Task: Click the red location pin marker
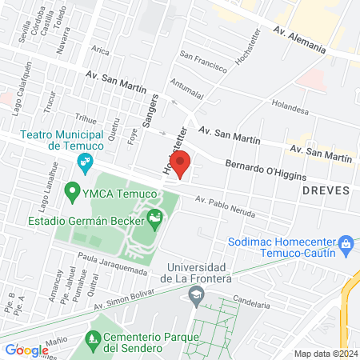[181, 163]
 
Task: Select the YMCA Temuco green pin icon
[72, 192]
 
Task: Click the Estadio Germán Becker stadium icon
[155, 216]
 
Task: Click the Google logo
[26, 350]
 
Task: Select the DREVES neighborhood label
[326, 190]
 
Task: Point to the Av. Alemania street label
[299, 40]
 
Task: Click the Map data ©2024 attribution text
[324, 354]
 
